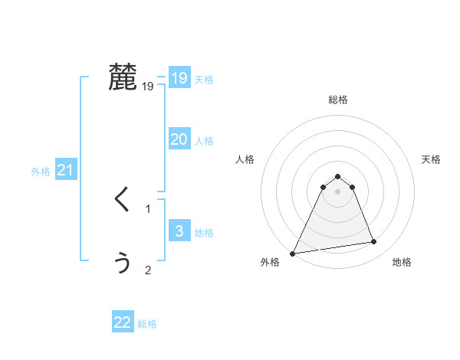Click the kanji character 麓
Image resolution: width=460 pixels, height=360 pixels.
pos(123,77)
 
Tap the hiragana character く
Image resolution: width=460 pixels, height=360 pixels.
pos(123,201)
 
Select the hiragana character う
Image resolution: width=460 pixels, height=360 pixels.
pos(123,262)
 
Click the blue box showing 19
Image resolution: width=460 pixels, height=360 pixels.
pos(179,78)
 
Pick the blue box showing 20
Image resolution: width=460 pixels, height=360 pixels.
pos(179,139)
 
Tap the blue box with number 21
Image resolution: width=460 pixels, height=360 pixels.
pos(65,170)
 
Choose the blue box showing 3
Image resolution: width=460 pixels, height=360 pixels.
pos(179,231)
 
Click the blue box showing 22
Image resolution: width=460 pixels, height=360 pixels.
pos(123,322)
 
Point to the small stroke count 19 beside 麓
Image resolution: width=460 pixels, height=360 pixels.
pos(148,87)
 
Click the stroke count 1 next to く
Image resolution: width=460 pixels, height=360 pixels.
pos(148,208)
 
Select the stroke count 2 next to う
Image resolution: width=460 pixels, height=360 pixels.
pos(148,270)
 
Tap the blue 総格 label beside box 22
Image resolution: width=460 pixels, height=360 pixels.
pos(147,324)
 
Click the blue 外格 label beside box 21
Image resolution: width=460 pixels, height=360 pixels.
pos(41,172)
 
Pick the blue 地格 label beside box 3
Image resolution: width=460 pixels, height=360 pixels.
pos(204,233)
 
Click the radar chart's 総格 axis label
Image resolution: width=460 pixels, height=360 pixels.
pos(337,100)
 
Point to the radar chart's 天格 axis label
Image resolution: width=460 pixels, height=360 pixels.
pos(431,159)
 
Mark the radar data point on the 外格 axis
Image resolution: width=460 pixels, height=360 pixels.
pos(293,253)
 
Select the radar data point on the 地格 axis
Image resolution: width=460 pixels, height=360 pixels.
pos(374,242)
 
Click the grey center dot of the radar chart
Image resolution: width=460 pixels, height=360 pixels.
pos(337,191)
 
